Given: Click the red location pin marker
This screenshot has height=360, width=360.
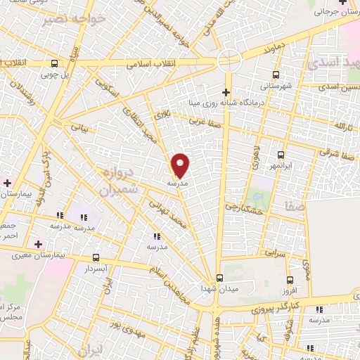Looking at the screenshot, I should pos(181,165).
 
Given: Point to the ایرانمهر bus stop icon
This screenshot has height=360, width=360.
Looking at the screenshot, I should pos(281,155).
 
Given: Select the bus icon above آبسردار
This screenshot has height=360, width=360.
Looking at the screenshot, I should pos(95,257).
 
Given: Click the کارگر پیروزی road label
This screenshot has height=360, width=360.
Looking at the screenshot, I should pos(274,308).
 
